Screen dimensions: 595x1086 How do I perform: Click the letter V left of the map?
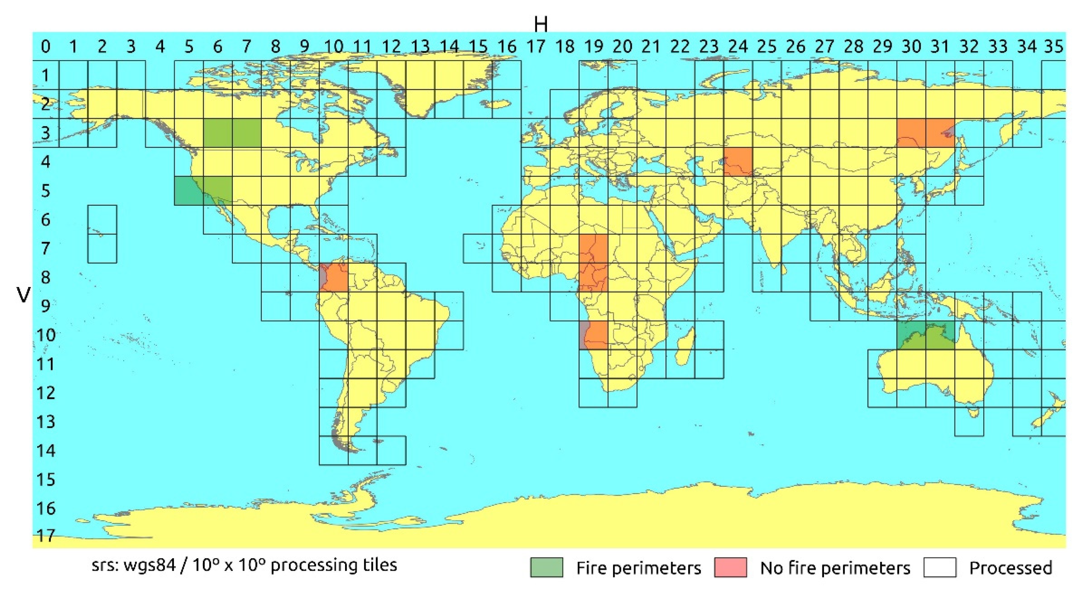click(x=23, y=295)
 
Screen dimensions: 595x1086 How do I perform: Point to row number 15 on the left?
click(x=45, y=480)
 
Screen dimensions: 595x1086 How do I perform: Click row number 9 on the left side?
click(x=45, y=306)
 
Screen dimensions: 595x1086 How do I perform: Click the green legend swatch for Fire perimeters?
click(x=546, y=567)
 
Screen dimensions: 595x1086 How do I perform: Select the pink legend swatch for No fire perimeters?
click(x=730, y=567)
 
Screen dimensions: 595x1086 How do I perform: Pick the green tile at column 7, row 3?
click(x=247, y=133)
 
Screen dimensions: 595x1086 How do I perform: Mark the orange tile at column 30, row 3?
click(x=911, y=133)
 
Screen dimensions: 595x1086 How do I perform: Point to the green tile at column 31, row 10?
click(x=940, y=335)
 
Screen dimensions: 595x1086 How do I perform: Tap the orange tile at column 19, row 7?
click(x=593, y=249)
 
